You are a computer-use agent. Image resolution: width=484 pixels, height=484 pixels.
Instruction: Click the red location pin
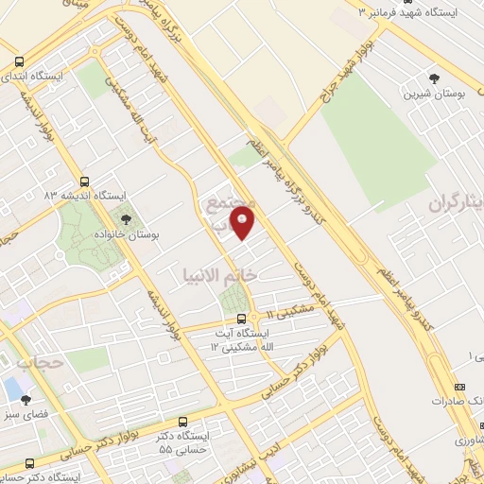coord(243,223)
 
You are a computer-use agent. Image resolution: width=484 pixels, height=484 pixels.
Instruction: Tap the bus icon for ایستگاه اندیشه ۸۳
coord(84,181)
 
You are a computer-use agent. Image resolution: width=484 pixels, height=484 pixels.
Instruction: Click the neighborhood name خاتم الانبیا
coord(218,274)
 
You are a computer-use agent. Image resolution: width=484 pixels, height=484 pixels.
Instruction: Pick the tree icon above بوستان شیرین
coord(434,78)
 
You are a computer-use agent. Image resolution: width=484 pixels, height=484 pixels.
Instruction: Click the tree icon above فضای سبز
coord(27,399)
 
